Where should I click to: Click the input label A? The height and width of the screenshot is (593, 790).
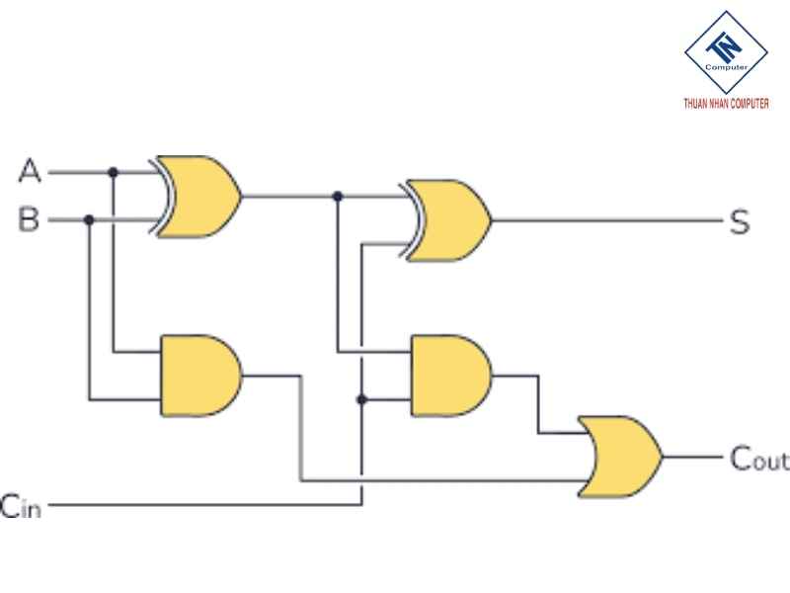click(30, 172)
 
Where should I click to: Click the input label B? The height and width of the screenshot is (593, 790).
click(29, 219)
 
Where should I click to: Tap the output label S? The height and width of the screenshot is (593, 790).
click(739, 221)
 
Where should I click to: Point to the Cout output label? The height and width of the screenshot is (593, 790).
click(758, 459)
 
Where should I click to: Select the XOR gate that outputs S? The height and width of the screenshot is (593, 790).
click(447, 219)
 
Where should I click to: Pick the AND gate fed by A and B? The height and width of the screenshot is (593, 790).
click(198, 376)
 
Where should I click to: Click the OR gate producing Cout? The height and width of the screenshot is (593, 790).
click(621, 456)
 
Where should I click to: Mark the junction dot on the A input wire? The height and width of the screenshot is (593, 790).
click(114, 173)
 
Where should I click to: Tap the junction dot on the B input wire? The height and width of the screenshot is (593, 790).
click(90, 219)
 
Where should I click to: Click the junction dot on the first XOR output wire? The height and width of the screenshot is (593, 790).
click(338, 197)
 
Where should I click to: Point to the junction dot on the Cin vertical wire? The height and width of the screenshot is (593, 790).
click(361, 399)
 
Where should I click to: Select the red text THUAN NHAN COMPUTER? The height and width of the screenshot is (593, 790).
click(726, 103)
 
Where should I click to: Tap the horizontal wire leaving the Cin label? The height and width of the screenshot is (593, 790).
click(197, 504)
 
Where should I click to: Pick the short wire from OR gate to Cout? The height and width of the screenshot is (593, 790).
click(691, 457)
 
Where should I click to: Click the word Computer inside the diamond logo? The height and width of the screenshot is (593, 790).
click(726, 66)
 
